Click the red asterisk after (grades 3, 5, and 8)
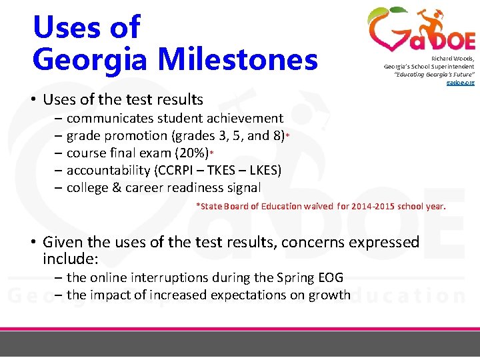[287, 137]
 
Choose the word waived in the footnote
[319, 206]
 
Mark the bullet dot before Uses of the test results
[33, 101]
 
